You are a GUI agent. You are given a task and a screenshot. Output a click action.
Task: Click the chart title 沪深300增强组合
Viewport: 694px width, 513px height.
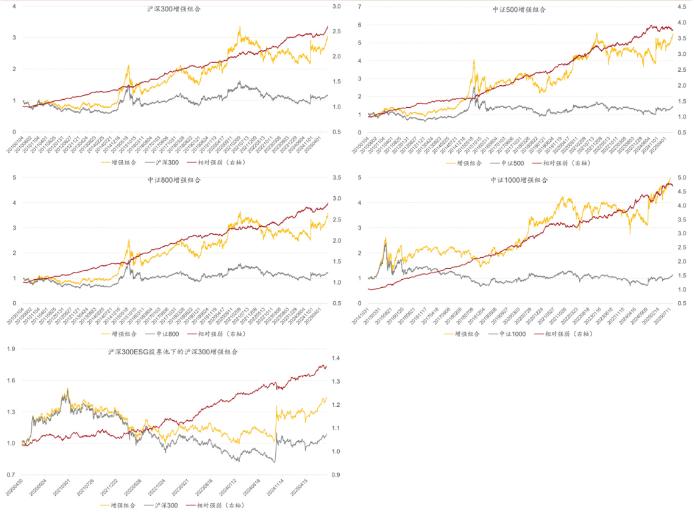pyautogui.click(x=174, y=9)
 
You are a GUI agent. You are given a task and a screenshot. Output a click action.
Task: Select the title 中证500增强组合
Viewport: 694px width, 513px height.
pyautogui.click(x=519, y=10)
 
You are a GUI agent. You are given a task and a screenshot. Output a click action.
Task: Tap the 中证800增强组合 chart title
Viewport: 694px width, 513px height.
pyautogui.click(x=174, y=180)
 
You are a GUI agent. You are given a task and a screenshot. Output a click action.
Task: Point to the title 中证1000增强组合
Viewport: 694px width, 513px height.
pyautogui.click(x=519, y=180)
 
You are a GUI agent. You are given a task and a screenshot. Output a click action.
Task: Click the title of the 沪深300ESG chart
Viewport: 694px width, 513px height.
pyautogui.click(x=173, y=352)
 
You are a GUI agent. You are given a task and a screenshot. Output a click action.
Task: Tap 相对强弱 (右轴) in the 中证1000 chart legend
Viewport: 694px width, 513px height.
pyautogui.click(x=568, y=334)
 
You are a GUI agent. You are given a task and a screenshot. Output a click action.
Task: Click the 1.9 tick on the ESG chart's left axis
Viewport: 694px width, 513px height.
pyautogui.click(x=11, y=349)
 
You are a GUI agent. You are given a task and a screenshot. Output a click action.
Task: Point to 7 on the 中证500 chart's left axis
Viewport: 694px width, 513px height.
pyautogui.click(x=360, y=7)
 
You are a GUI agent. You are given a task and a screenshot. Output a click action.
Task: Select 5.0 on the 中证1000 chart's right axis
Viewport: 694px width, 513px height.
pyautogui.click(x=682, y=177)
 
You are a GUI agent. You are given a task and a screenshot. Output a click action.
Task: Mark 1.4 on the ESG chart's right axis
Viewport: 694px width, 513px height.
pyautogui.click(x=335, y=358)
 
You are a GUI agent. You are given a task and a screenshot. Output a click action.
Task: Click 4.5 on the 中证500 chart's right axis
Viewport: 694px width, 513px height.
pyautogui.click(x=682, y=7)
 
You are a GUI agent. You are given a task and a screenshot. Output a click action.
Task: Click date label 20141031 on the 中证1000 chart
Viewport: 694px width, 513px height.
pyautogui.click(x=360, y=316)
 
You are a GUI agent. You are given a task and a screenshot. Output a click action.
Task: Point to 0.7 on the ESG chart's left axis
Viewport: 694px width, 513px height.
pyautogui.click(x=11, y=475)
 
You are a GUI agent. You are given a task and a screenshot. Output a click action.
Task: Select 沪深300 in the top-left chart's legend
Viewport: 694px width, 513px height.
pyautogui.click(x=167, y=162)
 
